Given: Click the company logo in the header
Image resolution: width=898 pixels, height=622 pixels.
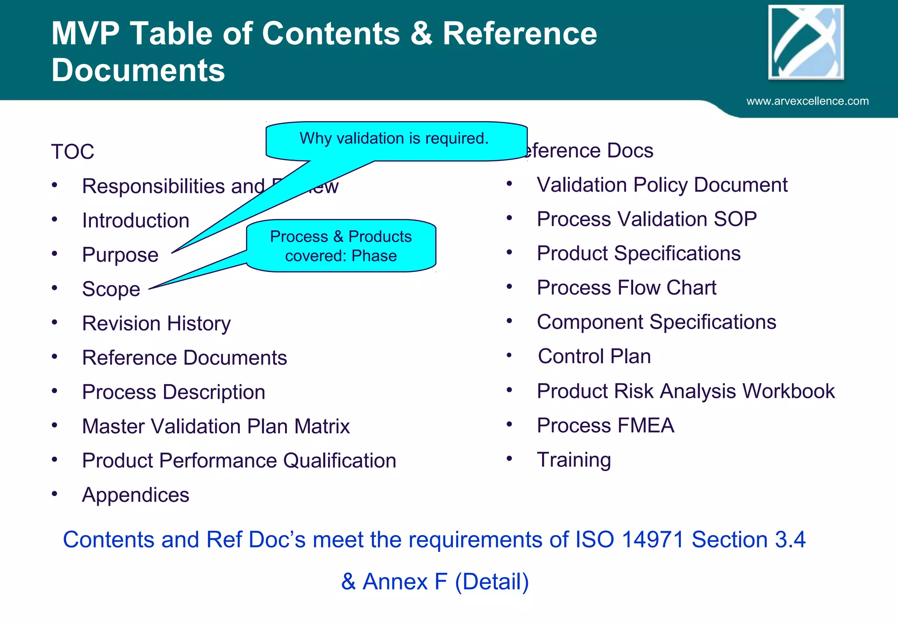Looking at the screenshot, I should (806, 43).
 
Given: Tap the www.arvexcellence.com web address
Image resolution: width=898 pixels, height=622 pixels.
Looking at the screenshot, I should (807, 101).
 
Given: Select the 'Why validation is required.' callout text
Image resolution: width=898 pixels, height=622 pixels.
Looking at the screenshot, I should (394, 139).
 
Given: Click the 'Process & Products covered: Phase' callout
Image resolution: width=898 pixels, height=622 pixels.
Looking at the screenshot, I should (341, 246).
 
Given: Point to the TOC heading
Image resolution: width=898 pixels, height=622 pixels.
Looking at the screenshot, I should (73, 152).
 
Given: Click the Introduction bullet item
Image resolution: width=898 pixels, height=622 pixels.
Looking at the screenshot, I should (135, 221).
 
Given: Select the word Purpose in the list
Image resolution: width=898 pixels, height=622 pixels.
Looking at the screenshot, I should (120, 255).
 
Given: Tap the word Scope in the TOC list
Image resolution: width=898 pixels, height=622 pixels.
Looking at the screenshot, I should (111, 290).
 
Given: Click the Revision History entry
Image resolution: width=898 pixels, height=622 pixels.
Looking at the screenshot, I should (156, 324).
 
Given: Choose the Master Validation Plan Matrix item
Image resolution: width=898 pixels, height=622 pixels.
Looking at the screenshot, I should (216, 426).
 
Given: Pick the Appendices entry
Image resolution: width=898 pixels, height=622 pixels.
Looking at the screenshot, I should (135, 495).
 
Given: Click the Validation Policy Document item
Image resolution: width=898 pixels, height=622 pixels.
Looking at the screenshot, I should (662, 185).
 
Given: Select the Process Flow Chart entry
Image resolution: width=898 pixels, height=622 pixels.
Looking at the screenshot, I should (626, 288).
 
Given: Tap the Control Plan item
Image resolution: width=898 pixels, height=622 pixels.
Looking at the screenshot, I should (594, 356).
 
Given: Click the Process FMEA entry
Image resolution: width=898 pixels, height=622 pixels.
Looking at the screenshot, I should (605, 425).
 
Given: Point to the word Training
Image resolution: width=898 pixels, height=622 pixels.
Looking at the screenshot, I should (574, 460).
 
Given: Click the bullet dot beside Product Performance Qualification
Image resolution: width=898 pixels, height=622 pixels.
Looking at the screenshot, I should (54, 460).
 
